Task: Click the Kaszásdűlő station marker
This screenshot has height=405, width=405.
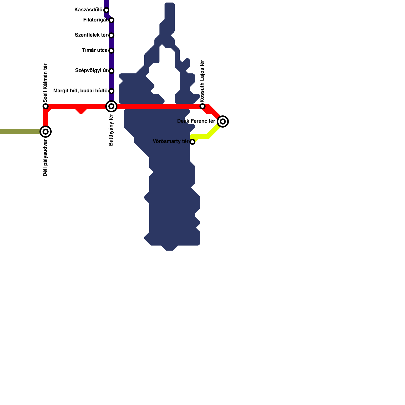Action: click(x=106, y=10)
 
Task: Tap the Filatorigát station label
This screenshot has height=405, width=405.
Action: click(x=95, y=20)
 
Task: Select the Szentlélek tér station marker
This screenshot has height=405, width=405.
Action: click(x=111, y=35)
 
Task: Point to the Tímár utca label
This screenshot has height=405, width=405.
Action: click(x=95, y=50)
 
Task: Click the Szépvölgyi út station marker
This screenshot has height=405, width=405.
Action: click(x=111, y=71)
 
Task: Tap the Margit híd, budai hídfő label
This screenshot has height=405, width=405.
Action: click(x=80, y=91)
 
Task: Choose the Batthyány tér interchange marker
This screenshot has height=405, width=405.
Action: click(x=111, y=106)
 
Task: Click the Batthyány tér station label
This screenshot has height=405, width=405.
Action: click(x=111, y=130)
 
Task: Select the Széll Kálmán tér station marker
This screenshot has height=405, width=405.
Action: click(x=46, y=106)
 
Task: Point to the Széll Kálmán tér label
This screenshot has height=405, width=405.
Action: click(x=45, y=83)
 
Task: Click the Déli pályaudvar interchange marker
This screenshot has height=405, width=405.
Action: click(x=46, y=132)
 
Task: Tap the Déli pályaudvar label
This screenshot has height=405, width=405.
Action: click(x=45, y=158)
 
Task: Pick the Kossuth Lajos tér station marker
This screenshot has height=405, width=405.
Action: click(x=202, y=106)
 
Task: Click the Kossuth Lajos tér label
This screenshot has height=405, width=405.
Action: click(x=202, y=81)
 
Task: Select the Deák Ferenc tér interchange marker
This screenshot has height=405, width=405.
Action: click(x=223, y=121)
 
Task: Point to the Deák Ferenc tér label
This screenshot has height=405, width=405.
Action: click(x=196, y=121)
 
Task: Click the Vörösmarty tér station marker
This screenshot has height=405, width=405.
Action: click(x=192, y=142)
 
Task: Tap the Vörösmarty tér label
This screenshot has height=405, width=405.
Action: click(x=171, y=141)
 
